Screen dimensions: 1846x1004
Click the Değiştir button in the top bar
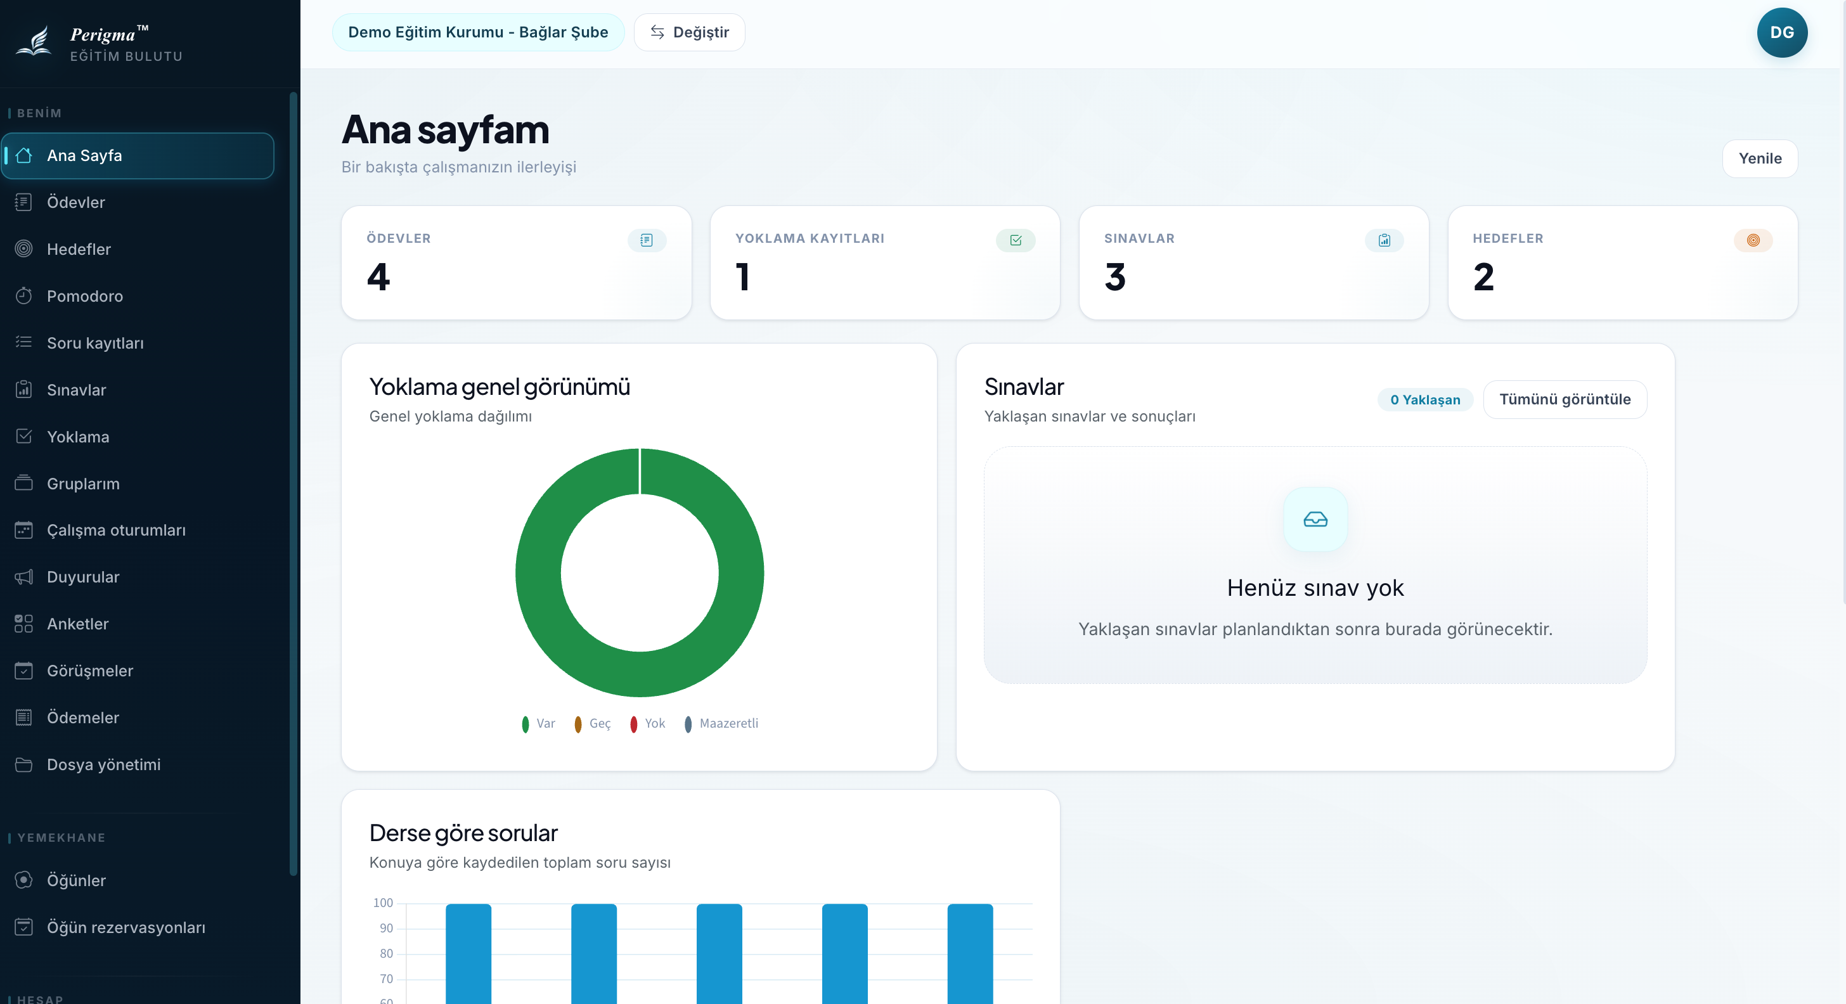click(689, 32)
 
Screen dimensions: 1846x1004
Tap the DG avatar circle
click(1781, 32)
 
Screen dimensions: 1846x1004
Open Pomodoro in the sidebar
click(84, 296)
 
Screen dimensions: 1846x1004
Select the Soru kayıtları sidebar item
click(94, 344)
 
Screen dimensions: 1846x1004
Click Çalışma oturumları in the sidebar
click(116, 531)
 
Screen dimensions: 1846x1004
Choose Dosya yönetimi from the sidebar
click(103, 764)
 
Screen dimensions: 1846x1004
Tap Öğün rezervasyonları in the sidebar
click(126, 927)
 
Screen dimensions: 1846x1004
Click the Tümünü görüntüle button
click(1565, 399)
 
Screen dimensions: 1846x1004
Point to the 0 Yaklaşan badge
click(1424, 400)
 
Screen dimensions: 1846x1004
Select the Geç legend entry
click(593, 724)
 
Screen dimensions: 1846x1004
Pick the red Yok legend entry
click(648, 724)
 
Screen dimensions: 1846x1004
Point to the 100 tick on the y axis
click(383, 903)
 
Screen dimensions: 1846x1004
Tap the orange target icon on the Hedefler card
click(1753, 240)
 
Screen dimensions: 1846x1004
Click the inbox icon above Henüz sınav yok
click(1315, 519)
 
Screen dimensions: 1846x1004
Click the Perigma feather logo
click(34, 42)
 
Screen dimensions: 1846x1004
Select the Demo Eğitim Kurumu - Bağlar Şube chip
click(478, 32)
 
